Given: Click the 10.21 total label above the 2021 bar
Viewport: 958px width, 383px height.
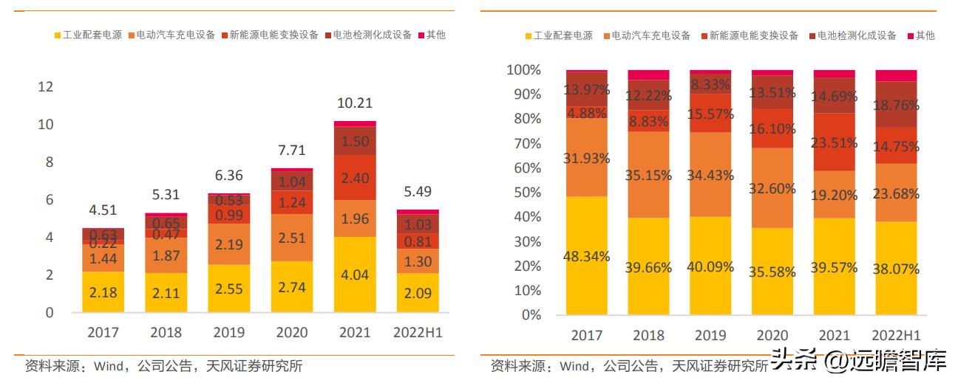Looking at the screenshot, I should tap(355, 103).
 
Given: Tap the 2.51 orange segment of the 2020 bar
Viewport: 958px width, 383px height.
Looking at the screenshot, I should tap(292, 237).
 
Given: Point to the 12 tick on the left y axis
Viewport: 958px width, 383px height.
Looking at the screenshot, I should tap(46, 87).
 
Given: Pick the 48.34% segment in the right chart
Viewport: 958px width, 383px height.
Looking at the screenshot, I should tap(587, 256).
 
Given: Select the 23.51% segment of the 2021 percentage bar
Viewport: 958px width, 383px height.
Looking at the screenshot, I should tap(835, 142).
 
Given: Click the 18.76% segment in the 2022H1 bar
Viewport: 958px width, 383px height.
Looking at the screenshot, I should tap(896, 104).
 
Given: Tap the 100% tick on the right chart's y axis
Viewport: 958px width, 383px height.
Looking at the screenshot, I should tap(523, 70).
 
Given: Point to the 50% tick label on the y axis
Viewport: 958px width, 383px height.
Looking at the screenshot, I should tap(526, 193).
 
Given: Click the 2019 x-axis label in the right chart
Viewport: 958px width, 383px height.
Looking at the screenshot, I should tap(710, 335).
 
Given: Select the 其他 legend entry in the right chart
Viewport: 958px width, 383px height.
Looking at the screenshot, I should tap(920, 35).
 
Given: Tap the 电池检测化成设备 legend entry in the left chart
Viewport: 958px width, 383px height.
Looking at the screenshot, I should tap(367, 35).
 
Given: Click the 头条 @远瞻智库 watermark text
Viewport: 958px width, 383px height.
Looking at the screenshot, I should tap(859, 362).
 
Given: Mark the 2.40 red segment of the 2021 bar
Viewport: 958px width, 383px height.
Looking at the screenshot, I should tap(355, 178).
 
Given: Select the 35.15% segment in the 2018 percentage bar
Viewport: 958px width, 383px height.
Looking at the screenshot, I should tap(648, 175).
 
